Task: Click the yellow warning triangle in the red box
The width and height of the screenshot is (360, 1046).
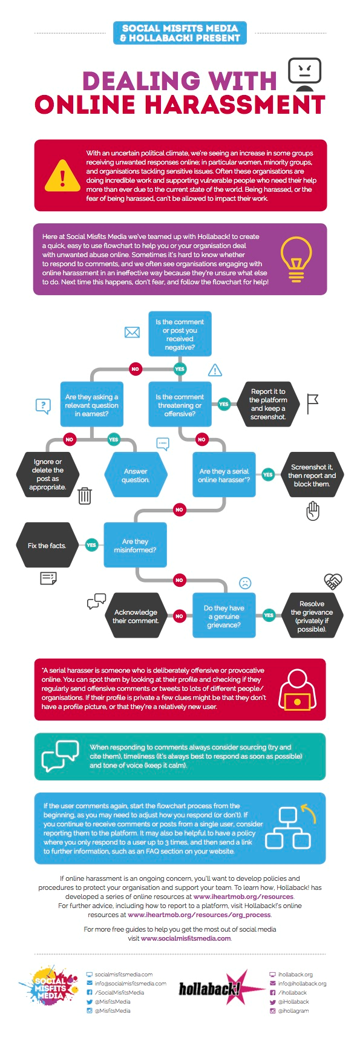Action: (x=62, y=175)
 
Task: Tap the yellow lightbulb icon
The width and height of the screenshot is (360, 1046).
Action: (x=296, y=259)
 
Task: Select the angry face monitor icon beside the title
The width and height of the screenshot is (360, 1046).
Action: (x=304, y=74)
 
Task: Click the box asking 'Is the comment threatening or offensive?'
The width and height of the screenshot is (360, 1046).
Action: (x=180, y=405)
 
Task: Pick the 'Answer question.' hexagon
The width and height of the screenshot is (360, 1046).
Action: (x=136, y=476)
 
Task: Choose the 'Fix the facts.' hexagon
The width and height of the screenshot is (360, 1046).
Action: (x=47, y=545)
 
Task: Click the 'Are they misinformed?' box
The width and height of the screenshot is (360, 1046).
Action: (x=135, y=545)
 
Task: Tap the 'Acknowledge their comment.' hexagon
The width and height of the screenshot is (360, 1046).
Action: (x=136, y=616)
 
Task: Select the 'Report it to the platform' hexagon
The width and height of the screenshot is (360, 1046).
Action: (x=268, y=404)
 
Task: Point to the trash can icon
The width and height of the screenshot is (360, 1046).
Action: (x=85, y=495)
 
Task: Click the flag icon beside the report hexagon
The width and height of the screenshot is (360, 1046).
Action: (x=312, y=404)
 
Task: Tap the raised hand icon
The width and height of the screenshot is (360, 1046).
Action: (x=312, y=511)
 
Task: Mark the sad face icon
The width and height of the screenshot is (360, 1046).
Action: (x=245, y=583)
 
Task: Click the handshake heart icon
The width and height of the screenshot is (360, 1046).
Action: (x=333, y=581)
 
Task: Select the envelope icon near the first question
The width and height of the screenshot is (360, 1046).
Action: (x=132, y=332)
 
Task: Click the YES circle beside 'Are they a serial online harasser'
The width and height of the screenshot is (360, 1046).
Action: (x=268, y=475)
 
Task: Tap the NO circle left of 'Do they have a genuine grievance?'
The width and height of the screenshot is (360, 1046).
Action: (x=179, y=616)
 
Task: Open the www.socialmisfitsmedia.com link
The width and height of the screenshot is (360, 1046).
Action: (x=186, y=938)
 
